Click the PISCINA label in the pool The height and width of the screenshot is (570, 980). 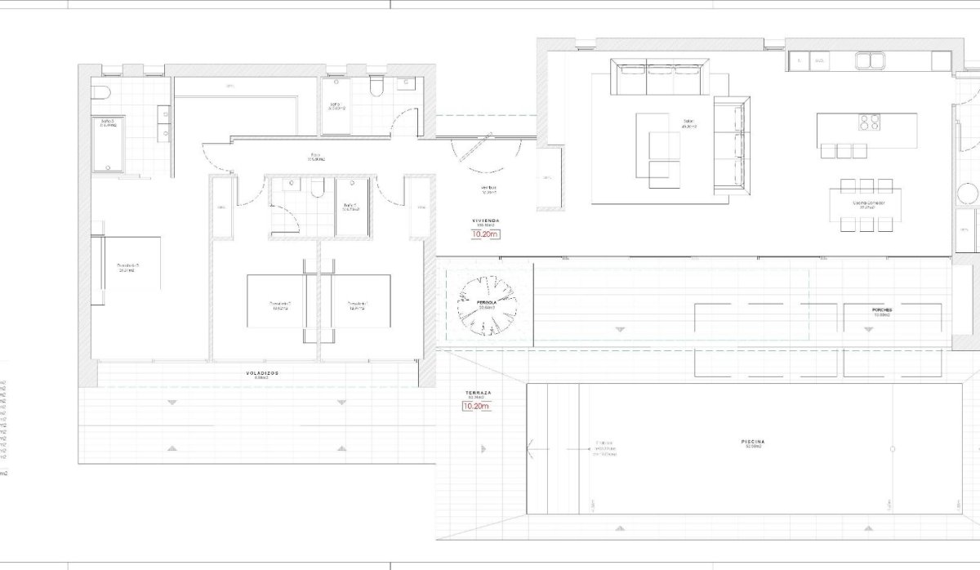tap(753, 442)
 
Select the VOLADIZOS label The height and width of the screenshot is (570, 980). tap(262, 372)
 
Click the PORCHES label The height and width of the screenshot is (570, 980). tap(881, 310)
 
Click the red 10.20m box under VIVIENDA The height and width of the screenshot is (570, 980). tap(484, 234)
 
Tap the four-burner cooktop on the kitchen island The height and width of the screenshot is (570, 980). tap(867, 122)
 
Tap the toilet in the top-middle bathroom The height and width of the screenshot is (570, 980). tap(376, 88)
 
